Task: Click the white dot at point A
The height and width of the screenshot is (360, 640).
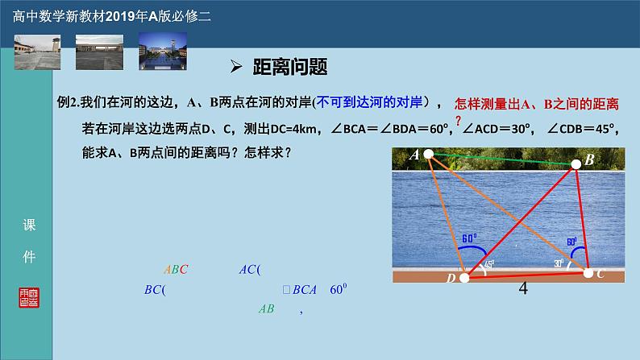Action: pos(429,154)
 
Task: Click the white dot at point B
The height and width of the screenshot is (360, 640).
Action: pos(576,164)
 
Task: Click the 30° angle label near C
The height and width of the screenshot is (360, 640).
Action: pos(559,263)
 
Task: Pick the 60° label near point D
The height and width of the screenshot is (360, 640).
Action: pos(469,238)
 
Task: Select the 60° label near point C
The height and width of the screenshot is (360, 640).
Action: pos(571,241)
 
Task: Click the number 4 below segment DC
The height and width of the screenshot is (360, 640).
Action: pos(523,289)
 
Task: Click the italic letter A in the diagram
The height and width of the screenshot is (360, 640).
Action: pos(414,155)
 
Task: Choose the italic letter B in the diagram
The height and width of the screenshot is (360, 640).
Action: pos(589,160)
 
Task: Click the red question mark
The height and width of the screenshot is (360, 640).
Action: pos(459,119)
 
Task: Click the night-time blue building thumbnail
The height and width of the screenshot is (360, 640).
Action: pos(162,52)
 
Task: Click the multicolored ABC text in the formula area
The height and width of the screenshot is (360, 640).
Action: pos(175,270)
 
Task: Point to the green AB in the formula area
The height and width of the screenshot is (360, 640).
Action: pos(266,308)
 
